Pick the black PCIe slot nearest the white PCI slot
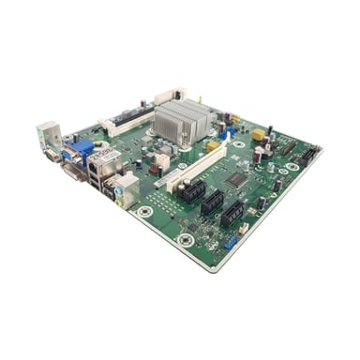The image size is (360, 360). (192, 193)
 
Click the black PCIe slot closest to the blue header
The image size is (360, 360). (232, 215)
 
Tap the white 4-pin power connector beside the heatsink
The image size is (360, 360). (164, 161)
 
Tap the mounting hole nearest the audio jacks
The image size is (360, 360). (144, 212)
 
